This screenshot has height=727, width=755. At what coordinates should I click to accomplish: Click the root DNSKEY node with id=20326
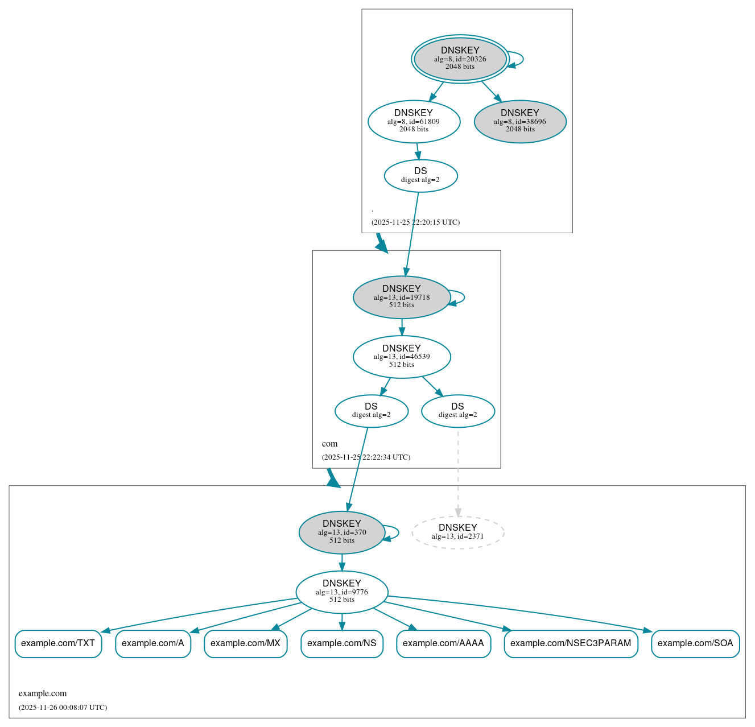pyautogui.click(x=460, y=59)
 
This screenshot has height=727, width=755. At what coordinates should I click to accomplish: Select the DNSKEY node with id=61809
pyautogui.click(x=414, y=121)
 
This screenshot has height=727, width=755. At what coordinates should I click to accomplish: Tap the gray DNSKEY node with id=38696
pyautogui.click(x=519, y=121)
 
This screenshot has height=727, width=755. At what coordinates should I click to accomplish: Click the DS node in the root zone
pyautogui.click(x=420, y=176)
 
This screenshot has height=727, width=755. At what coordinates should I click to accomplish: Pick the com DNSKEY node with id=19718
pyautogui.click(x=402, y=297)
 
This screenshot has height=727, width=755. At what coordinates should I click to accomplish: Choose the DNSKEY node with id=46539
pyautogui.click(x=402, y=357)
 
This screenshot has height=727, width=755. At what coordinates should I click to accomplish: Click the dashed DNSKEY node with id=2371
pyautogui.click(x=457, y=532)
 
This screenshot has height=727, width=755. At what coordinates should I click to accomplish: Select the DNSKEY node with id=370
pyautogui.click(x=341, y=532)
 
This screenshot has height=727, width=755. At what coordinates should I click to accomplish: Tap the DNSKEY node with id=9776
pyautogui.click(x=341, y=592)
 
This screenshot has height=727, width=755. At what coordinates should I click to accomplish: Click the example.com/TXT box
pyautogui.click(x=58, y=643)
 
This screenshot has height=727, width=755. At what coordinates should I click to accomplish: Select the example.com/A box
pyautogui.click(x=153, y=643)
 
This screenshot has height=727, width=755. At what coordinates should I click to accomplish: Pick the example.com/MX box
pyautogui.click(x=245, y=643)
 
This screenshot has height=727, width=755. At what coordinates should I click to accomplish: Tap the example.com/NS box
pyautogui.click(x=341, y=643)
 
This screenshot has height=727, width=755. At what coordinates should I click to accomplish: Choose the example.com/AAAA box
pyautogui.click(x=443, y=643)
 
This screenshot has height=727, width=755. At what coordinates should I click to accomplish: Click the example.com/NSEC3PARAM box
pyautogui.click(x=571, y=643)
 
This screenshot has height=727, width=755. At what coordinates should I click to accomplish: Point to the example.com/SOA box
pyautogui.click(x=695, y=643)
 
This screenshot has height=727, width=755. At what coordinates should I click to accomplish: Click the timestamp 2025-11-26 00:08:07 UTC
pyautogui.click(x=63, y=708)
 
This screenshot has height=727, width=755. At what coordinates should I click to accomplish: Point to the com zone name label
pyautogui.click(x=329, y=444)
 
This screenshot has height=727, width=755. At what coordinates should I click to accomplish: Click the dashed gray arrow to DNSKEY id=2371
pyautogui.click(x=458, y=472)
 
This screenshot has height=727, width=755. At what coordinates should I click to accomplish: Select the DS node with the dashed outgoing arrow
pyautogui.click(x=457, y=411)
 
